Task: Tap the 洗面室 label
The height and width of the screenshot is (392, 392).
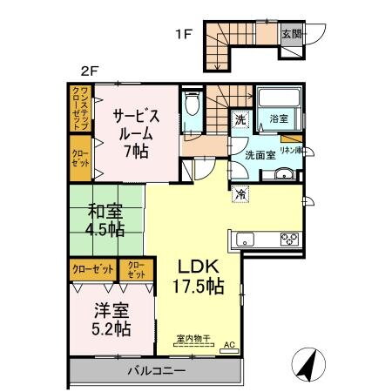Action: [258, 155]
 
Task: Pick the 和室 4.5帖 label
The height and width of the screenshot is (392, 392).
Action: [104, 219]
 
